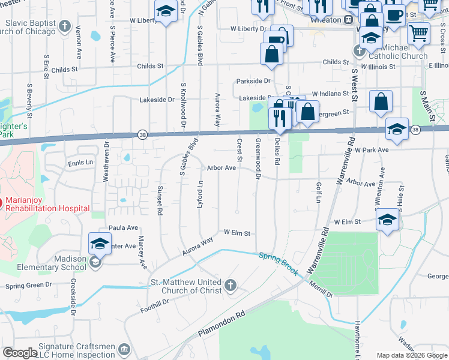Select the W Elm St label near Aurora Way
[237, 232]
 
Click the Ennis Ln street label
[80, 163]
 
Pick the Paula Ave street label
[123, 228]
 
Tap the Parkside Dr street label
[253, 81]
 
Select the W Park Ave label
[372, 149]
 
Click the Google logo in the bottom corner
[20, 353]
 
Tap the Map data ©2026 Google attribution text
[412, 355]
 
